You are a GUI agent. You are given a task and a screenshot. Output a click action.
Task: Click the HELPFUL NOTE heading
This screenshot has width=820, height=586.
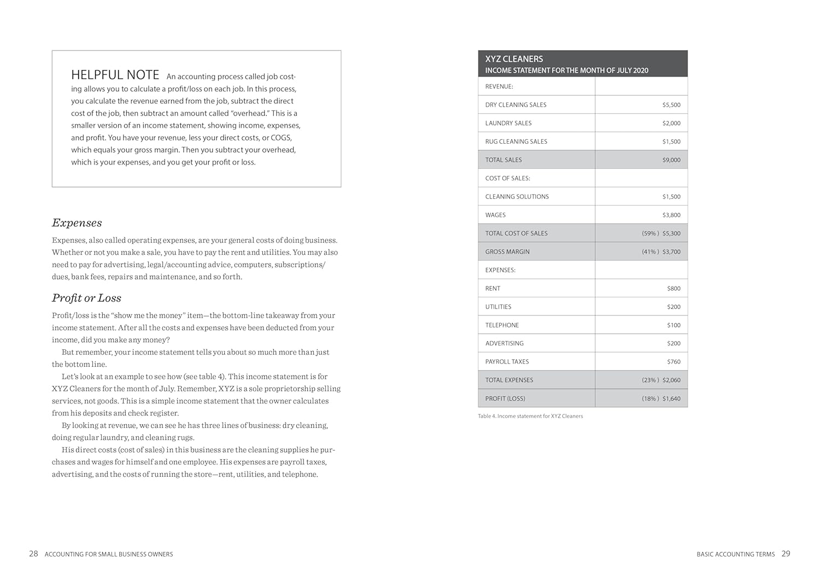[x=115, y=75]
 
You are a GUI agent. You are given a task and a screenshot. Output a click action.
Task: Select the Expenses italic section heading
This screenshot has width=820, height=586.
[x=77, y=223]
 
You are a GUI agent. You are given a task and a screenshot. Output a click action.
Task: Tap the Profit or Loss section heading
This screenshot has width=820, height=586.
[x=86, y=298]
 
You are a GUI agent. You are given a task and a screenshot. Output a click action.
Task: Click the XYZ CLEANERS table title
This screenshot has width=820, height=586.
[x=514, y=59]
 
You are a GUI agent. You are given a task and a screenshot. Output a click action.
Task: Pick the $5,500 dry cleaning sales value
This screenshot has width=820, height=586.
[x=671, y=105]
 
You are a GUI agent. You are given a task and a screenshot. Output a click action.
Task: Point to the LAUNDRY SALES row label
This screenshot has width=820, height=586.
[x=508, y=124]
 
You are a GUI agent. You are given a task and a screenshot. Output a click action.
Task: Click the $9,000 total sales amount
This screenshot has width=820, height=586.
[x=671, y=160]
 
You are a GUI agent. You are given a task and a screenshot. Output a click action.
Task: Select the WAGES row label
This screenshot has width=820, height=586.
[x=495, y=215]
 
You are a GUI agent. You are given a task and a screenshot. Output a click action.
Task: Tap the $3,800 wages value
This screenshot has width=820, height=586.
[x=671, y=215]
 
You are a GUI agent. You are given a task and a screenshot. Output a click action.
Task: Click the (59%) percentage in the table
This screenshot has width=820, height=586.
[x=650, y=233]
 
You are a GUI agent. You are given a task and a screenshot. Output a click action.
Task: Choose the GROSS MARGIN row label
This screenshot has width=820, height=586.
[x=507, y=252]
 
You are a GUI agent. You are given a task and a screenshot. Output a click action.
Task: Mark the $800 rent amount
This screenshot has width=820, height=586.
[x=673, y=289]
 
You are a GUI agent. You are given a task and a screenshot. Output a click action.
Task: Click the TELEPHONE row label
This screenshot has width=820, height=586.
[x=502, y=325]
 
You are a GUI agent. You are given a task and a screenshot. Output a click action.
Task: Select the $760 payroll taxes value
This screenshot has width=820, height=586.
[x=673, y=362]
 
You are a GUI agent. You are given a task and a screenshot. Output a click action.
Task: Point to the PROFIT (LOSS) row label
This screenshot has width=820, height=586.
[x=505, y=399]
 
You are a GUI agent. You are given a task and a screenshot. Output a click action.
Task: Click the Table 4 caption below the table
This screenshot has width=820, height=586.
[x=530, y=417]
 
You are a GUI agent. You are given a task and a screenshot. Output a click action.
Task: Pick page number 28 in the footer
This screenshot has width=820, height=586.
[x=33, y=554]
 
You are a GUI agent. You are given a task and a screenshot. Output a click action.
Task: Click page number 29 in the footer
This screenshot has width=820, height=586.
[x=786, y=554]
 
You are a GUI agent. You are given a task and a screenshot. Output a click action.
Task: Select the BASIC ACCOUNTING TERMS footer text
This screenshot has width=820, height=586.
[x=735, y=554]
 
